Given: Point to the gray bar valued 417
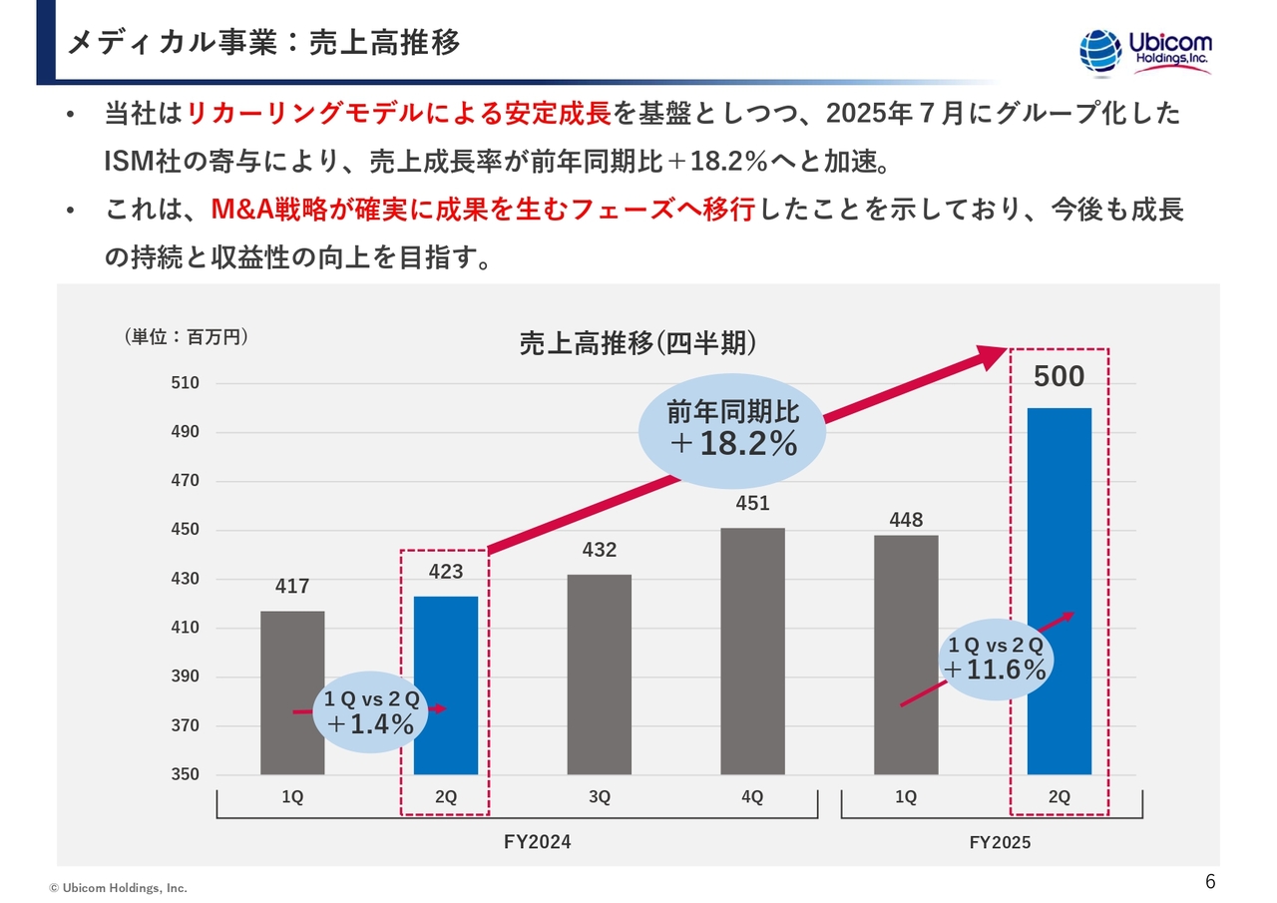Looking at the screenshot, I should click(x=292, y=649).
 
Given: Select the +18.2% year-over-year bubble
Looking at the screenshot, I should click(x=732, y=431).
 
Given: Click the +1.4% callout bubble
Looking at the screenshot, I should click(x=370, y=712).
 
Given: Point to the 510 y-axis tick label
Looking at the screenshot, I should click(x=185, y=383).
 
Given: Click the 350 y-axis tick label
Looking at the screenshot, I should click(x=185, y=774).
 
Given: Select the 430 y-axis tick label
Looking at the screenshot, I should click(x=185, y=579).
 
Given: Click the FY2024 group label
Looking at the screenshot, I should click(x=538, y=842).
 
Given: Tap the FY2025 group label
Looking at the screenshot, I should click(x=1000, y=843).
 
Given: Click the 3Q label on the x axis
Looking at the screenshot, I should click(x=599, y=797).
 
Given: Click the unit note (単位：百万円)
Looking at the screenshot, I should click(x=186, y=338).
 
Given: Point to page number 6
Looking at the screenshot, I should click(x=1210, y=881).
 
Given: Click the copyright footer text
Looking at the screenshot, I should click(x=119, y=887).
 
